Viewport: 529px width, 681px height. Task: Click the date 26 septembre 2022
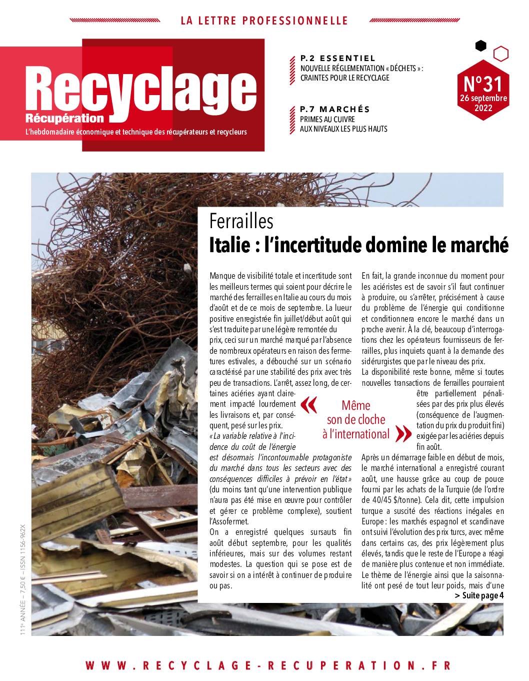[x=483, y=102]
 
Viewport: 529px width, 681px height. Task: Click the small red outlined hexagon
[x=500, y=53]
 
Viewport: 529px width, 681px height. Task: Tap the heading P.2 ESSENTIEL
[x=338, y=58]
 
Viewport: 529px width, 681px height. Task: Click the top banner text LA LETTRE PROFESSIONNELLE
[x=264, y=21]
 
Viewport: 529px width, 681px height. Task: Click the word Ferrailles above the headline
[x=242, y=221]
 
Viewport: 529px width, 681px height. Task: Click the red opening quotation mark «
[x=310, y=405]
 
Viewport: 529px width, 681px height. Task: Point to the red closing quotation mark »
[x=400, y=434]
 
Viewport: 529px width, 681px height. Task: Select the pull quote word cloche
[x=368, y=419]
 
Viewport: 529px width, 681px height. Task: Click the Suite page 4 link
[x=479, y=595]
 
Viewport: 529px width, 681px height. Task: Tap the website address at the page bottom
[x=268, y=665]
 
